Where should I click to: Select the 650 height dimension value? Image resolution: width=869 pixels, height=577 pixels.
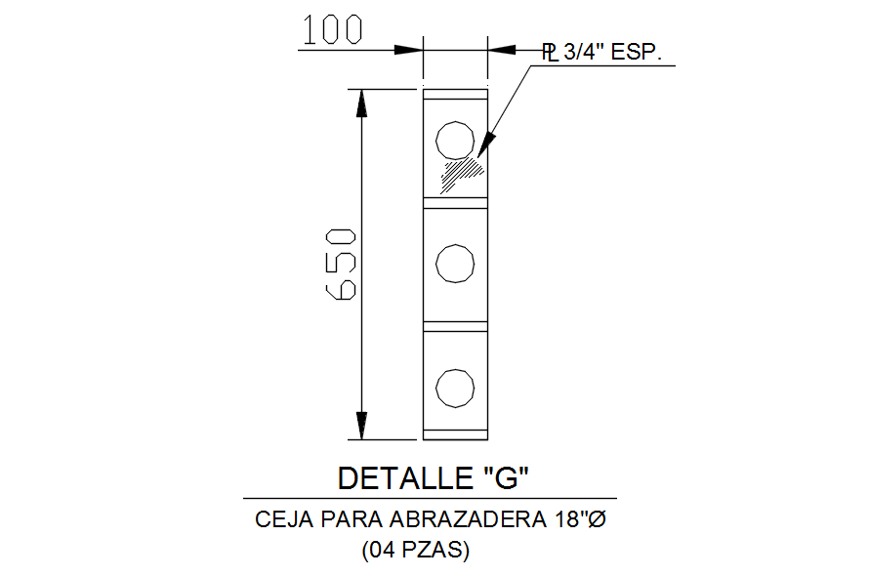(341, 264)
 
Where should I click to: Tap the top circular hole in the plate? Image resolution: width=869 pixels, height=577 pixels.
(454, 140)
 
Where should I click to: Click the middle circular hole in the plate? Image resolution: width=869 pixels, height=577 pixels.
(454, 264)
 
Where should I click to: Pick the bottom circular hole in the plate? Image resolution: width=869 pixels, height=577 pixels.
(454, 388)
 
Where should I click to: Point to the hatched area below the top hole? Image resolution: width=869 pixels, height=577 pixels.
(463, 173)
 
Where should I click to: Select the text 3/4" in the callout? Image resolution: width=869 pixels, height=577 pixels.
(582, 52)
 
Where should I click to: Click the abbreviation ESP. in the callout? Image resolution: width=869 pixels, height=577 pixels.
(637, 52)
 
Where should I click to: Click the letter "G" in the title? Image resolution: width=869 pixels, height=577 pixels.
(506, 478)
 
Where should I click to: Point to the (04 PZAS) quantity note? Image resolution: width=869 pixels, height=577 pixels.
(416, 551)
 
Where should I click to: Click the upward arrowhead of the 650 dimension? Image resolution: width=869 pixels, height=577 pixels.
(361, 103)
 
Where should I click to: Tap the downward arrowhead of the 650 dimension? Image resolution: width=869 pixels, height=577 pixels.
(361, 426)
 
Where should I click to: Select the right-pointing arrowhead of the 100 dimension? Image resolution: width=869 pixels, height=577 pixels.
(407, 49)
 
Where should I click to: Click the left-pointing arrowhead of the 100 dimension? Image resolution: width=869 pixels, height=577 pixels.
(501, 49)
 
